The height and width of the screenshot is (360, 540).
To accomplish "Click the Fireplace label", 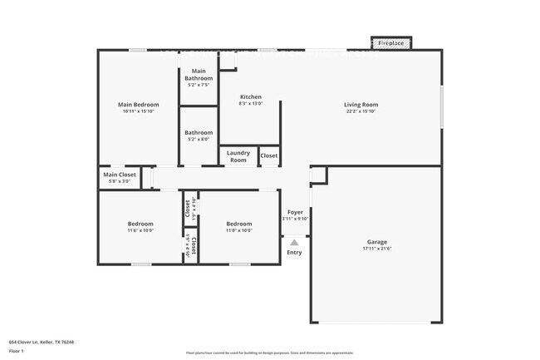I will click(390, 42).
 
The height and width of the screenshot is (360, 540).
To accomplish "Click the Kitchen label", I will click(251, 96).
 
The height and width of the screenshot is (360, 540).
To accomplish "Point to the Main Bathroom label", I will click(199, 75).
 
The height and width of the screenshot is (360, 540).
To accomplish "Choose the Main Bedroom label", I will click(138, 105).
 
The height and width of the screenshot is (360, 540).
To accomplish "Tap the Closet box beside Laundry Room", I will click(269, 155).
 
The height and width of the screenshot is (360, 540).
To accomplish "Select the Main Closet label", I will click(120, 175).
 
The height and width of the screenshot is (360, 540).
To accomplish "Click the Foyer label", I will click(295, 212).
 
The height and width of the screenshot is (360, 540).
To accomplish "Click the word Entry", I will click(295, 252).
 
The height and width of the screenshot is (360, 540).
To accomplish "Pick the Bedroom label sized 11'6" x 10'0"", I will click(140, 224).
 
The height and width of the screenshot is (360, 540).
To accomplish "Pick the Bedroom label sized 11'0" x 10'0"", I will click(239, 224).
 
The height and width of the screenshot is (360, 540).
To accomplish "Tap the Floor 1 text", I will click(17, 352).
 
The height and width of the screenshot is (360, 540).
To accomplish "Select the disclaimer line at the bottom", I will click(269, 353).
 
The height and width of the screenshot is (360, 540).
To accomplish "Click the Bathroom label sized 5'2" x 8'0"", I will click(199, 132).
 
